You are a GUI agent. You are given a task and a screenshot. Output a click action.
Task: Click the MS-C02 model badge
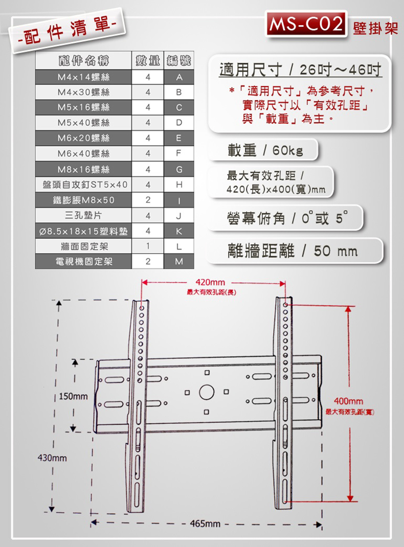click(x=306, y=24)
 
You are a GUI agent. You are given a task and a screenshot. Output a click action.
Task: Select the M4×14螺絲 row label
click(x=83, y=77)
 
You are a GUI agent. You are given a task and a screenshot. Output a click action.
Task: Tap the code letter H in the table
click(x=179, y=185)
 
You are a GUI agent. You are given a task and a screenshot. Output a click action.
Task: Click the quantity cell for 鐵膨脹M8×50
click(x=148, y=200)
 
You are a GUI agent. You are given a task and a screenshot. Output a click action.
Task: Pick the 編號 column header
click(x=178, y=61)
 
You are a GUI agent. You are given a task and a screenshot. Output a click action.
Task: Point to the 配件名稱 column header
click(x=83, y=61)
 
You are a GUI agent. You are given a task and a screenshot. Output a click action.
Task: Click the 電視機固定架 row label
click(x=84, y=261)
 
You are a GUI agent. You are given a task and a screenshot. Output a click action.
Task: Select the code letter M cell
click(x=179, y=261)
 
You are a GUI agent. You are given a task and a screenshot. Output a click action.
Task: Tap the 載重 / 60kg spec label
click(x=265, y=150)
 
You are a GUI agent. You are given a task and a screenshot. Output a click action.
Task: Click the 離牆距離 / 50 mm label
click(x=293, y=251)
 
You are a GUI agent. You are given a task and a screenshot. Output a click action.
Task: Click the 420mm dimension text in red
click(x=210, y=282)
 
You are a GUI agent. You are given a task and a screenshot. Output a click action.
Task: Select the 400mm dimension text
click(x=349, y=401)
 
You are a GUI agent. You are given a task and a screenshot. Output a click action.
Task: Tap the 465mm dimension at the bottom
click(x=205, y=523)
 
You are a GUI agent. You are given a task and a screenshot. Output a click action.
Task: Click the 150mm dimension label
click(x=73, y=396)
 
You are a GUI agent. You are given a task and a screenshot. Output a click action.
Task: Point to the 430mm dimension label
click(x=52, y=458)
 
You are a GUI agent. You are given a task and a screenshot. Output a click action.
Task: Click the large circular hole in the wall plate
click(x=207, y=392)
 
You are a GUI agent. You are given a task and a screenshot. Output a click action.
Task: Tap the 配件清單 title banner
click(x=67, y=31)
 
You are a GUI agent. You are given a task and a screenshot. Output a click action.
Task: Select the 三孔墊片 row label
click(x=83, y=215)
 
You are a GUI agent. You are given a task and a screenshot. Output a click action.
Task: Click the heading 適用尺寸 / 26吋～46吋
click(x=300, y=70)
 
